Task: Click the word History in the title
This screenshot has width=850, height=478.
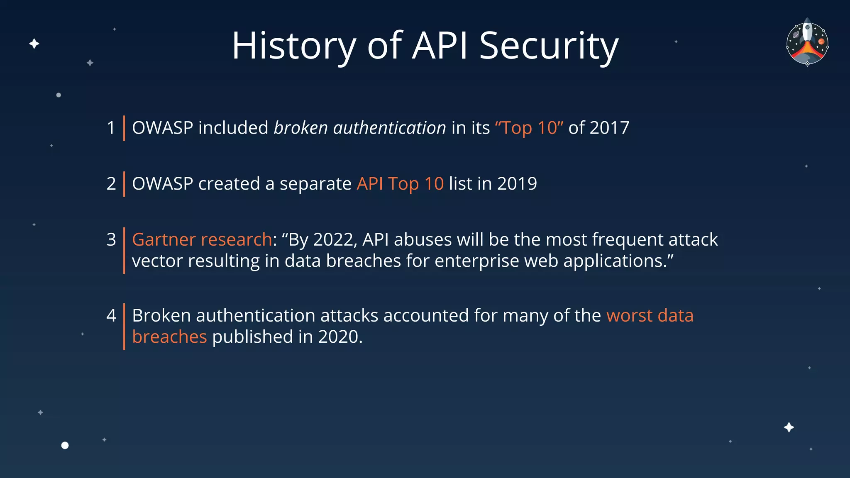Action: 294,46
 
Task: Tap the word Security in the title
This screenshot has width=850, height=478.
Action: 549,46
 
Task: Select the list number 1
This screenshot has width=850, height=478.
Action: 111,128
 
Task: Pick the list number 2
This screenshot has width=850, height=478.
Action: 111,184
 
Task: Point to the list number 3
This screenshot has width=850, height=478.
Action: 111,240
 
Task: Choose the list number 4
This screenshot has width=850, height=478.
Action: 111,316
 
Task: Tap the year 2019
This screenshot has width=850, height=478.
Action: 517,184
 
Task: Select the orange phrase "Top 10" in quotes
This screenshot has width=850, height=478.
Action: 529,128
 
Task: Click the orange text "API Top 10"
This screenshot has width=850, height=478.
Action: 400,184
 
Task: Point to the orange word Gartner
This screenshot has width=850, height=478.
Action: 164,240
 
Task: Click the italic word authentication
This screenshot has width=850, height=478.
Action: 389,128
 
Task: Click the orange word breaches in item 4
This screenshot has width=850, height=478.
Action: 169,337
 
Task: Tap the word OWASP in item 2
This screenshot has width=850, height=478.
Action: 162,184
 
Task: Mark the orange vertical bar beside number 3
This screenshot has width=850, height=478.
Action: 124,251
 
